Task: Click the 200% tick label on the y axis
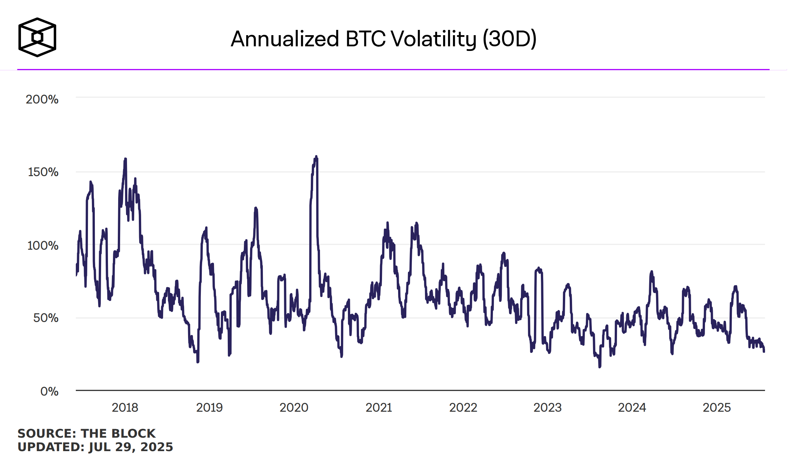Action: click(42, 99)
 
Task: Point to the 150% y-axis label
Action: click(43, 172)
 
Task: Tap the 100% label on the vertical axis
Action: click(43, 245)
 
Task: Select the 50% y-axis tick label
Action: click(46, 318)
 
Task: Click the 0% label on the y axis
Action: click(49, 391)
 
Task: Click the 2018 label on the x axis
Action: click(125, 407)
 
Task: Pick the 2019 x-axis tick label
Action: click(209, 407)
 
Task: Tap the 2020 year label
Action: click(294, 407)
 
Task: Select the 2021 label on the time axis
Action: click(379, 407)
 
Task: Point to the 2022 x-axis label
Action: click(463, 407)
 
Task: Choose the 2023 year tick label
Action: click(547, 407)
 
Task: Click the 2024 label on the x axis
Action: click(632, 407)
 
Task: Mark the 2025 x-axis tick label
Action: click(716, 407)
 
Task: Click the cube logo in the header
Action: click(37, 37)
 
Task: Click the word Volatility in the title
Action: click(434, 39)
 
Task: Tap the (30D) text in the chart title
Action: click(509, 39)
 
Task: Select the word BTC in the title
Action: click(365, 39)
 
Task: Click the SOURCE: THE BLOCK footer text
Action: click(86, 433)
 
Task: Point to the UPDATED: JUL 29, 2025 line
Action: click(95, 447)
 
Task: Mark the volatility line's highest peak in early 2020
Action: click(316, 157)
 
